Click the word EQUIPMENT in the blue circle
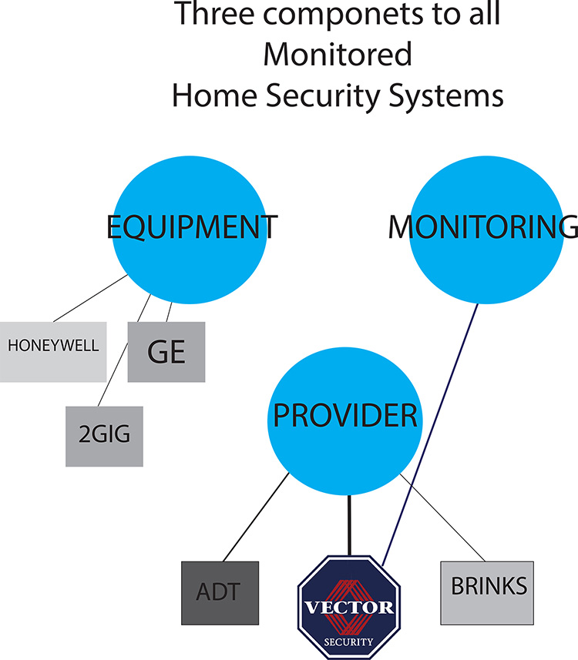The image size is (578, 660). (x=190, y=228)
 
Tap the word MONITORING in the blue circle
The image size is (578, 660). (x=482, y=228)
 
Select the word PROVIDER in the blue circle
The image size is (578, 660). (x=345, y=417)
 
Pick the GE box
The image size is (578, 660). (x=166, y=351)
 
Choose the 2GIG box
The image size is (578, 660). (x=104, y=436)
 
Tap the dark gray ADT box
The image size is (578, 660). (x=220, y=591)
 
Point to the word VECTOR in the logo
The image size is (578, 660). (x=348, y=608)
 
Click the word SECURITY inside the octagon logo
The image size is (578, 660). (x=348, y=641)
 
